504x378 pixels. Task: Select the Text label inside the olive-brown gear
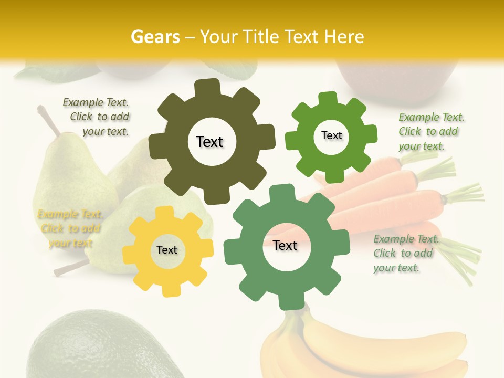(209, 142)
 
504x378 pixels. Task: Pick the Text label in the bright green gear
(331, 135)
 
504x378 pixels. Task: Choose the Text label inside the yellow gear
(167, 250)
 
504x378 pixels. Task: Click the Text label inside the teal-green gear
(285, 246)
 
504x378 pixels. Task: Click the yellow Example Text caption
(70, 228)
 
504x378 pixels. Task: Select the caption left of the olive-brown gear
(97, 117)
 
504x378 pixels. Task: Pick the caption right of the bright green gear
(430, 131)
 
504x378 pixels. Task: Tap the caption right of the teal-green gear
(405, 253)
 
